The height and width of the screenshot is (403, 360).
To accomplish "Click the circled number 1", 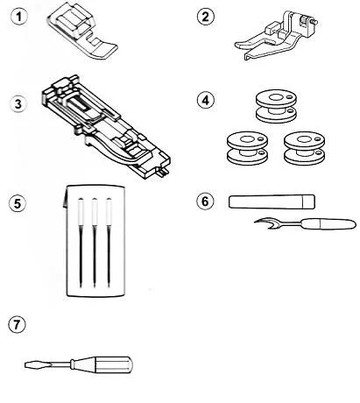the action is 19,17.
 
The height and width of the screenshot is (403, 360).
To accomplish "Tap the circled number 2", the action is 206,17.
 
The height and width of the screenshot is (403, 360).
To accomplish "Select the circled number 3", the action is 18,103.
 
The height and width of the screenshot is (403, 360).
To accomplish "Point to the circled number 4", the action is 206,100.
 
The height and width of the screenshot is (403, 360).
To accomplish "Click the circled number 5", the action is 18,203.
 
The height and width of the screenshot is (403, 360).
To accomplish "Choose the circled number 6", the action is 205,201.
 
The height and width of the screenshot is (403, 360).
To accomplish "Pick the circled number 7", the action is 17,324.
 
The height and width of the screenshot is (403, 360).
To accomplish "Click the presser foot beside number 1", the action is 83,32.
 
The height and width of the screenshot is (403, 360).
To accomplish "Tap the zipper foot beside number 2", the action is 276,36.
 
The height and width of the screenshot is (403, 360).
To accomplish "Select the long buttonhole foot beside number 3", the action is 107,126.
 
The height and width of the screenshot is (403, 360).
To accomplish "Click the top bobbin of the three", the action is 276,106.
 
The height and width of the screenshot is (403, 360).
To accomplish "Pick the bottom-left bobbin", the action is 247,148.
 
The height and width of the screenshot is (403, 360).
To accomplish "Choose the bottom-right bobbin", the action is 304,148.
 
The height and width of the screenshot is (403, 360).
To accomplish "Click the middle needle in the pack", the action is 95,243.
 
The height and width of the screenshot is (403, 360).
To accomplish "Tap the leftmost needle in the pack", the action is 81,243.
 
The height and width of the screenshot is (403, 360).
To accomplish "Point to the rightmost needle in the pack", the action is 109,243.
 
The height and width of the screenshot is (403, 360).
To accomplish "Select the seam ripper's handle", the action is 329,224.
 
